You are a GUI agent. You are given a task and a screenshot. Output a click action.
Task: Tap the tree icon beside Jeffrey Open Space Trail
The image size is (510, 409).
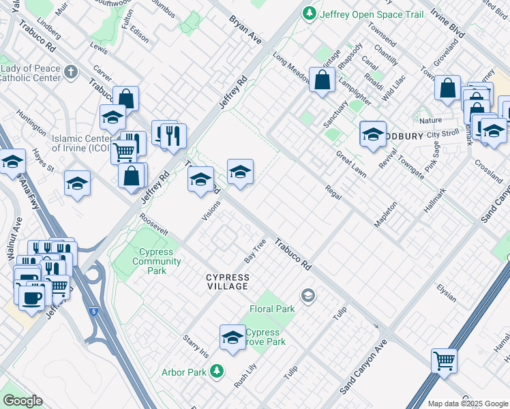pos(310,13)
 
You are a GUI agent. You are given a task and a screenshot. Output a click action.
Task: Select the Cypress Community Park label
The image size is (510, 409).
pos(157,261)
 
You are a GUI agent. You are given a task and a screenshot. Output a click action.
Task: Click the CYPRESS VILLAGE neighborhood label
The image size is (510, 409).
pos(228,282)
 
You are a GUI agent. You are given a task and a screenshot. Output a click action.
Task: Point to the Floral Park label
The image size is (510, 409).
pos(272,309)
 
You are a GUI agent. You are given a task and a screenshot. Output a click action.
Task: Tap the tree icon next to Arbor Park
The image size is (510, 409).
pos(217,371)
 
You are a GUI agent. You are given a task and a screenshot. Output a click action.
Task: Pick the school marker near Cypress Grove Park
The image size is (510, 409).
pos(232,337)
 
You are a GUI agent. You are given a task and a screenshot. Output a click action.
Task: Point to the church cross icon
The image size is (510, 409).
pos(70,71)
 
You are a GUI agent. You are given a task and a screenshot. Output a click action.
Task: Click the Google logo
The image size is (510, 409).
pos(22,401)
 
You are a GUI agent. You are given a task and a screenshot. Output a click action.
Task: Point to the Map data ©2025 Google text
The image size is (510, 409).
pos(468,404)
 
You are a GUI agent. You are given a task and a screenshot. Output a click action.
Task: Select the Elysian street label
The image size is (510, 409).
pos(447,288)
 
